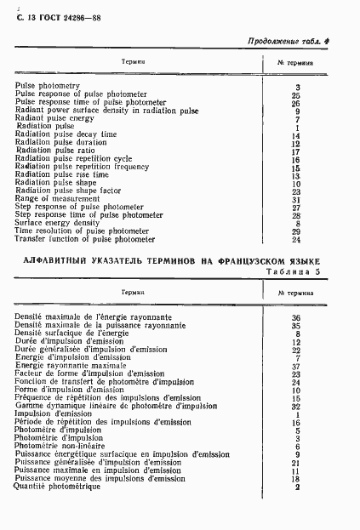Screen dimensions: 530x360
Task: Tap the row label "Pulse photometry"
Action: pos(48,87)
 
